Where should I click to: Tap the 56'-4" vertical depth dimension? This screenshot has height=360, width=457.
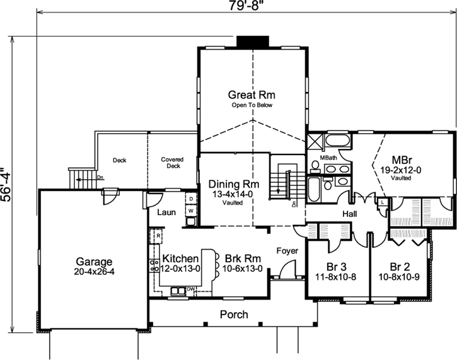7,183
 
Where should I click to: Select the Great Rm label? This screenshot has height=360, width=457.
252,95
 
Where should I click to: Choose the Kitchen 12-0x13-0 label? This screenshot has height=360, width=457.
181,264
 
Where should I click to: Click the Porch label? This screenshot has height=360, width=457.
233,315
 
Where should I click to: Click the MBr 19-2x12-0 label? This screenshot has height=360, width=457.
402,164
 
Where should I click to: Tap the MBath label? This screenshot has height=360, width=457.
328,157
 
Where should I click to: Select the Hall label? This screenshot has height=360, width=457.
350,214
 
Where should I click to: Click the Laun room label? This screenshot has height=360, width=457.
166,212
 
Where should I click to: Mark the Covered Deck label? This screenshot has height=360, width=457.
172,163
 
